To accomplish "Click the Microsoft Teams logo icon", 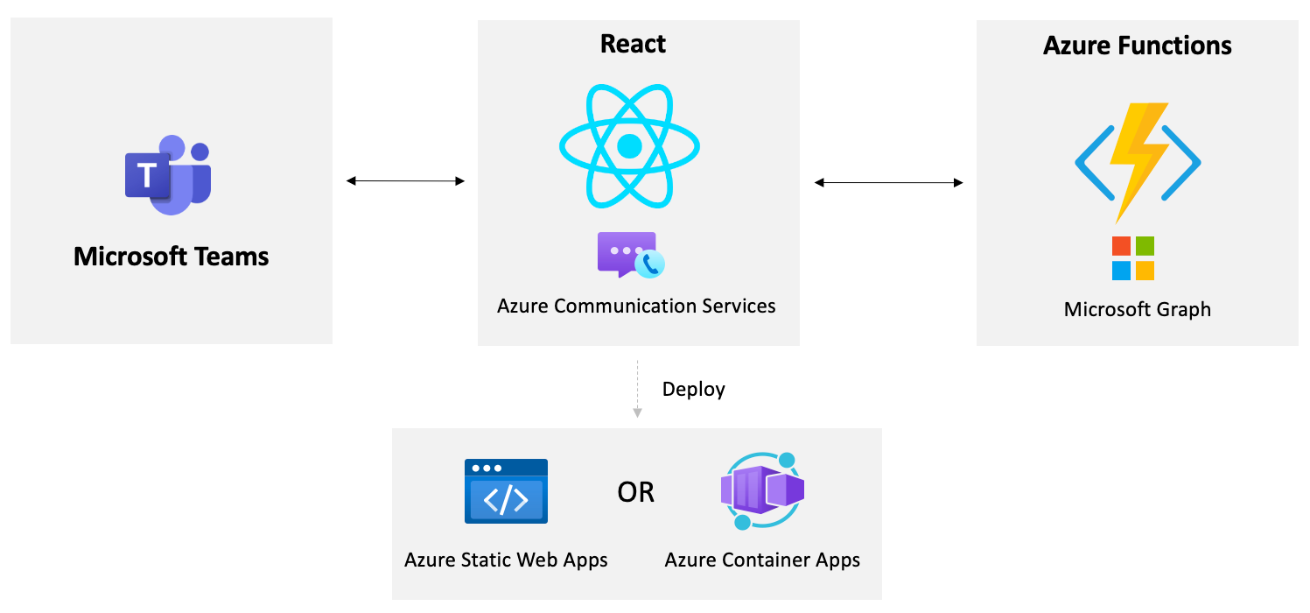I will tap(168, 175).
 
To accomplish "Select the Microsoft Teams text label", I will tap(172, 257).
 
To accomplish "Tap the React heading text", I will tap(633, 44).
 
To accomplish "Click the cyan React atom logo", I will tap(629, 145).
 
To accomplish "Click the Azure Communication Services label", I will tap(636, 306).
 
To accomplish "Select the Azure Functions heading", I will tap(1137, 46).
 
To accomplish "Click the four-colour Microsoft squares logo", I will tap(1133, 258).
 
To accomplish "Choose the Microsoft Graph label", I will tap(1137, 309).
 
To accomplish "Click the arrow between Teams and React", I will tap(405, 181).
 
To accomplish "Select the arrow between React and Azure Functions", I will tap(888, 182).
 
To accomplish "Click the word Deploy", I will tap(693, 389).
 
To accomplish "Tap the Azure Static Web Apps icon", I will tap(506, 491).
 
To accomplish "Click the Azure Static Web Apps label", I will tap(506, 560).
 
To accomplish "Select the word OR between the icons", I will tap(635, 492).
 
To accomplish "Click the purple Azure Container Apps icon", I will tap(761, 490).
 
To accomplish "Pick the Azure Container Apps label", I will tap(762, 560).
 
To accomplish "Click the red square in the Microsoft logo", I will tap(1122, 247).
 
